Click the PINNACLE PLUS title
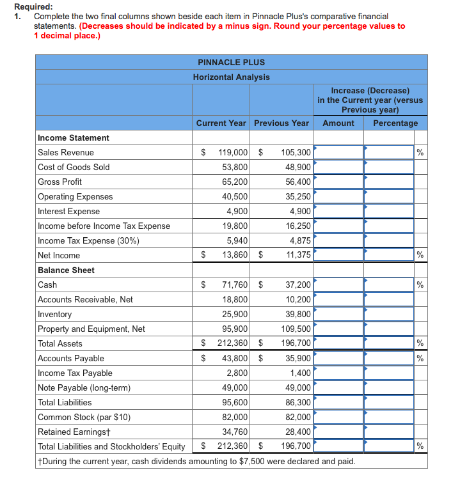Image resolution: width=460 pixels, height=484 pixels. pyautogui.click(x=231, y=62)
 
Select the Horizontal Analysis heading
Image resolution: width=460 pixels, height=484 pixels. pyautogui.click(x=231, y=77)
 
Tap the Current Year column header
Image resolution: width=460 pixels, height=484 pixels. pyautogui.click(x=221, y=123)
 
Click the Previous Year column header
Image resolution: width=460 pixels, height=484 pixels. pyautogui.click(x=281, y=123)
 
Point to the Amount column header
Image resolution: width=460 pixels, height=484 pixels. pyautogui.click(x=338, y=123)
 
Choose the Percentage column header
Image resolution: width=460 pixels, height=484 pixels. pyautogui.click(x=395, y=123)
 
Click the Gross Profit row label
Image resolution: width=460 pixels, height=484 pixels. pyautogui.click(x=59, y=182)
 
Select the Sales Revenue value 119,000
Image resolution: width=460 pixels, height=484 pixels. pyautogui.click(x=233, y=152)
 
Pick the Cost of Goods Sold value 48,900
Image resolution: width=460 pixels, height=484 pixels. pyautogui.click(x=297, y=167)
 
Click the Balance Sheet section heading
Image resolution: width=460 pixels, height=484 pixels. pyautogui.click(x=66, y=270)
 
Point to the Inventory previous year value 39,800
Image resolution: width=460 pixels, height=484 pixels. pyautogui.click(x=297, y=314)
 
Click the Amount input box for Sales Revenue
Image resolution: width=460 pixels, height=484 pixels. pyautogui.click(x=338, y=152)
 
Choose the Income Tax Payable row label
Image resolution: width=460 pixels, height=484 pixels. pyautogui.click(x=75, y=373)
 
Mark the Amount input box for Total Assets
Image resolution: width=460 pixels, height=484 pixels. pyautogui.click(x=338, y=343)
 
